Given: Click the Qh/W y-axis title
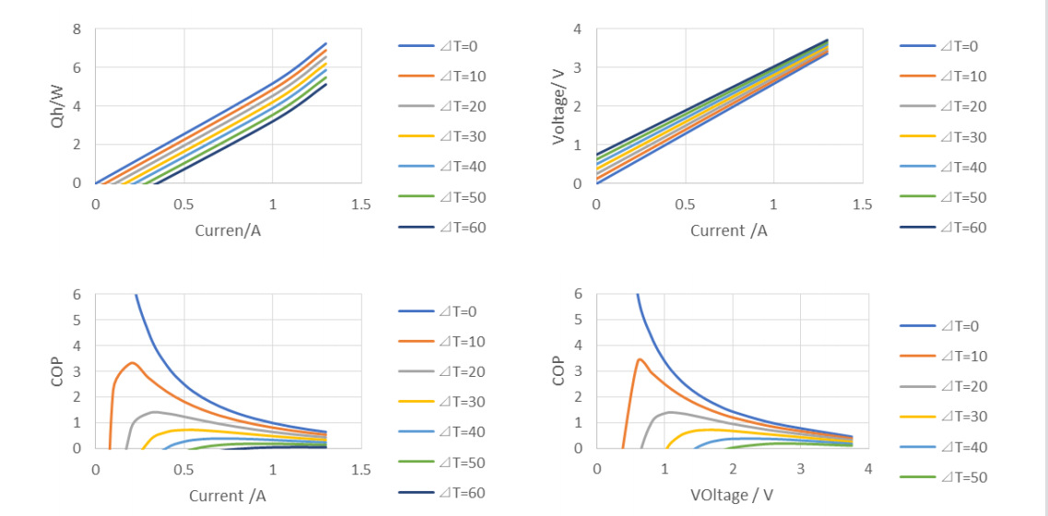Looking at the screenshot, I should tap(57, 106).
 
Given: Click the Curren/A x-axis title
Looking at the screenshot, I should tap(228, 230).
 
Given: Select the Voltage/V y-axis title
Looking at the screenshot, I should tap(559, 106).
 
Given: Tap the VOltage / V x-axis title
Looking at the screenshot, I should tap(731, 496).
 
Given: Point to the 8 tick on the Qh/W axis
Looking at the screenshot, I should tap(77, 29).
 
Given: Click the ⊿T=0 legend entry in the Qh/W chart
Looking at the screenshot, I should tap(442, 46).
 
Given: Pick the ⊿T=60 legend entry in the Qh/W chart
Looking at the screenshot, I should tap(442, 227).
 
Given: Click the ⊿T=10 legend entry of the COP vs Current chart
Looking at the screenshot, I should tap(442, 342).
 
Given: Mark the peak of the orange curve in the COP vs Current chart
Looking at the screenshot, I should tap(133, 362).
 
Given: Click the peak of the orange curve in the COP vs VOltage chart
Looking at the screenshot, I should tap(640, 359).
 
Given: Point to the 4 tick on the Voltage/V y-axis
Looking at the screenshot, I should tap(577, 29).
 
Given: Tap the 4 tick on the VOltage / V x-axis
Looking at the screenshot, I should tap(867, 470).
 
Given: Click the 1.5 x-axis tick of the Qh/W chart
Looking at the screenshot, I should tap(360, 205).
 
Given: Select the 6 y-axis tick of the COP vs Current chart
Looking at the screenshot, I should tap(77, 295).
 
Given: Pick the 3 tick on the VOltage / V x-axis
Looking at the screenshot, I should tap(800, 470).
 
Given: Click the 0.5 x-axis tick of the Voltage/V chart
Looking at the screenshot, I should tap(685, 205).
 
